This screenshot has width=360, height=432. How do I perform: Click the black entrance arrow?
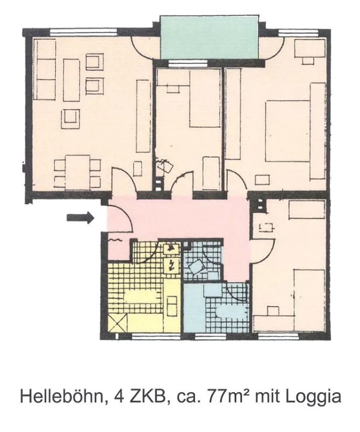81,218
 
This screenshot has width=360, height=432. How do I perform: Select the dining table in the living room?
78,172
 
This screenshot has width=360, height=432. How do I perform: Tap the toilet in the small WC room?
196,267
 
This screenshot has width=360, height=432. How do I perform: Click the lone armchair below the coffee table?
71,119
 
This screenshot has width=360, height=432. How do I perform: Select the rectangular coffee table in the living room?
71,80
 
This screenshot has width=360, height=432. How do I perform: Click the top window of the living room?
84,32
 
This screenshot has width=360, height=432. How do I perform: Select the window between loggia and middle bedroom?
187,64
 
